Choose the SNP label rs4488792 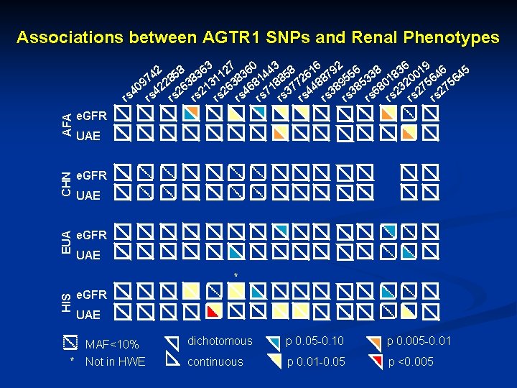pyautogui.click(x=320, y=80)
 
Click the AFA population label pyautogui.click(x=67, y=124)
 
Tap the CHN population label pyautogui.click(x=67, y=184)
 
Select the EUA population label pyautogui.click(x=67, y=244)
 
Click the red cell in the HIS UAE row pyautogui.click(x=213, y=311)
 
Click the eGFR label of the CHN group pyautogui.click(x=91, y=175)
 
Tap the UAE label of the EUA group pyautogui.click(x=88, y=255)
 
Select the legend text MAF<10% pyautogui.click(x=112, y=344)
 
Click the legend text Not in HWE pyautogui.click(x=115, y=361)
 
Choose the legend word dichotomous pyautogui.click(x=220, y=341)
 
